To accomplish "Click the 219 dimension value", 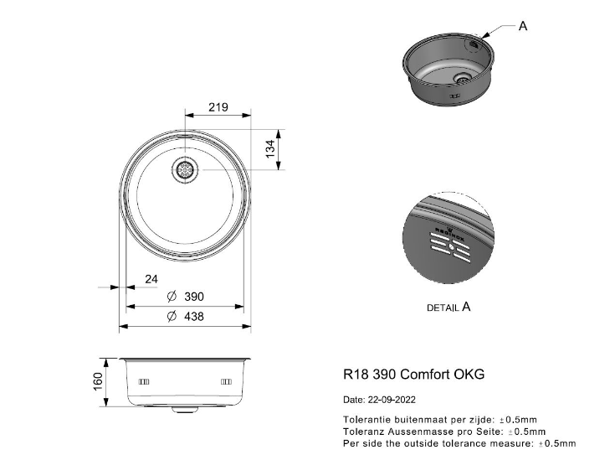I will click(218, 108).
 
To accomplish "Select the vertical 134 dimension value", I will click(270, 150).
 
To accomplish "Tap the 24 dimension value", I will click(151, 279).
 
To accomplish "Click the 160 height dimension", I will click(98, 381).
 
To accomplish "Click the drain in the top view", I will click(184, 170).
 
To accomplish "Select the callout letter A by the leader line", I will click(523, 26).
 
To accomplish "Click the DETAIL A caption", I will click(449, 308).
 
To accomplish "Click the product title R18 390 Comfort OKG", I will click(413, 375).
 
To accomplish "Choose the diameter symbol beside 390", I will click(172, 297).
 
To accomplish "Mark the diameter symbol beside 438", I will click(172, 316).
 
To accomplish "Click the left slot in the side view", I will click(143, 381).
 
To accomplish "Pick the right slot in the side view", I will click(225, 381).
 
